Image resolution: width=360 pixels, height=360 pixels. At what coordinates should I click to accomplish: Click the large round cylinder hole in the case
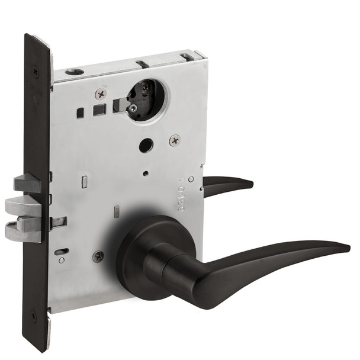coord(146,99)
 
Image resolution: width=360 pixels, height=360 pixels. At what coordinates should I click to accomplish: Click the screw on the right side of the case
coord(174,140)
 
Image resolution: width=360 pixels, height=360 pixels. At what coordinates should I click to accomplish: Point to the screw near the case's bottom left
coord(98,256)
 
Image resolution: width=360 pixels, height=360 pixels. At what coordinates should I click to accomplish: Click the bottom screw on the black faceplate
coord(34,316)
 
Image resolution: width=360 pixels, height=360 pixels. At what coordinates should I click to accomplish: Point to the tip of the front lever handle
coord(348,247)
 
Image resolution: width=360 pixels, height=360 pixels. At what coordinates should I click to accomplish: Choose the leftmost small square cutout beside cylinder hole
coord(79,110)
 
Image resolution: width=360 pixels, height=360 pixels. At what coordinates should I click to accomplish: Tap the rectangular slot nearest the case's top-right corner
coord(188,57)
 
